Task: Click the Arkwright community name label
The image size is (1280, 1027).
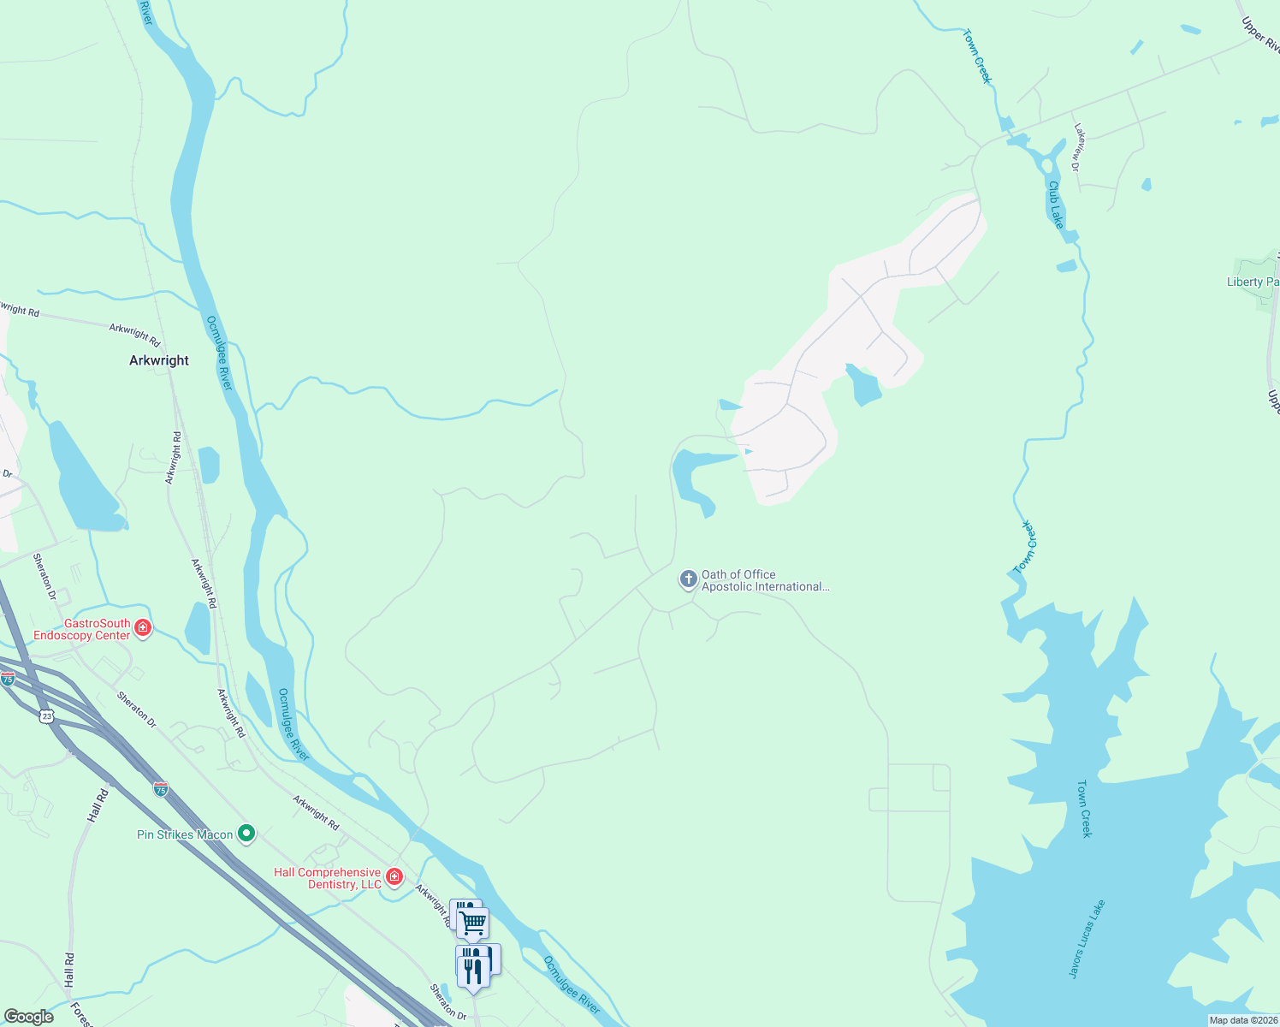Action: (x=158, y=360)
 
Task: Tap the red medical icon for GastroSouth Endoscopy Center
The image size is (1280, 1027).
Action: (x=143, y=629)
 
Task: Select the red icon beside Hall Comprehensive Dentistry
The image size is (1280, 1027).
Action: (x=394, y=876)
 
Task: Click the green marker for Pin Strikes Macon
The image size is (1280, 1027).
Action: (x=246, y=833)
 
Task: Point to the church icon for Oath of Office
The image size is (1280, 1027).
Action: (x=688, y=579)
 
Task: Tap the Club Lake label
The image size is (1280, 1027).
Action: (x=1057, y=205)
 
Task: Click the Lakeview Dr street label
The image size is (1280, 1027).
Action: (x=1078, y=147)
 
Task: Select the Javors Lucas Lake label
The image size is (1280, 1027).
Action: (x=1087, y=939)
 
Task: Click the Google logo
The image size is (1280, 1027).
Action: (x=28, y=1017)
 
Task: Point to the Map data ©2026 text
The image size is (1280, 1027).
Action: (x=1242, y=1020)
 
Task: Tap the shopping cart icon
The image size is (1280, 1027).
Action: (x=472, y=923)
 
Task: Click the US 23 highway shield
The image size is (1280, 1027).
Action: (x=46, y=716)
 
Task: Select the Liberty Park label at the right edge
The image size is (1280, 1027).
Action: (x=1253, y=282)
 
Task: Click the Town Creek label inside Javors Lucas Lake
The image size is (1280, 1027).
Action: (x=1084, y=808)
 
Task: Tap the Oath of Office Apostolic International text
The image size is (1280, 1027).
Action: (x=764, y=580)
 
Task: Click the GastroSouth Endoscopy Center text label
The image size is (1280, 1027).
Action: (x=81, y=629)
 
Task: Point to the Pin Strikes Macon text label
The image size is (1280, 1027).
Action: (x=185, y=834)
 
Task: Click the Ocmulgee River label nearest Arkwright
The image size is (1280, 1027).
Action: (x=219, y=353)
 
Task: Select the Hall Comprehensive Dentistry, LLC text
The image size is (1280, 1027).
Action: (x=328, y=878)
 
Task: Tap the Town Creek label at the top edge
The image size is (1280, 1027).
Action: (x=977, y=56)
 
